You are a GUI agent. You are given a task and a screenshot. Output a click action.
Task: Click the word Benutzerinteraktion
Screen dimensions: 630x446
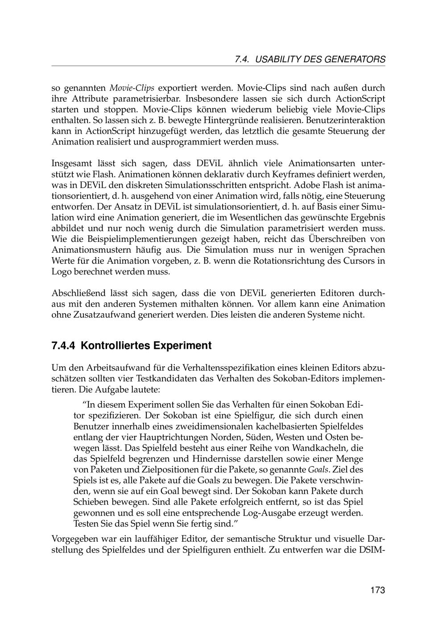pos(345,120)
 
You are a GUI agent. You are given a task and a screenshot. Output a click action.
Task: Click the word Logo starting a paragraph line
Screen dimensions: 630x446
pos(62,271)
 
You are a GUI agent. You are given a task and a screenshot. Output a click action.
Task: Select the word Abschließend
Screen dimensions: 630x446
pos(80,294)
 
